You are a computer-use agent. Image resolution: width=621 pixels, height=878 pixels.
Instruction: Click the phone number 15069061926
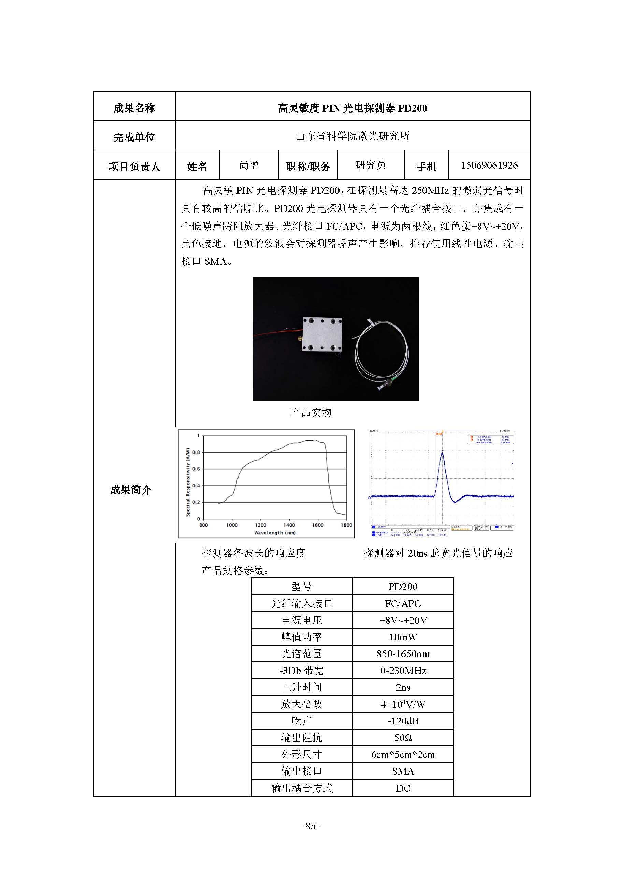click(489, 165)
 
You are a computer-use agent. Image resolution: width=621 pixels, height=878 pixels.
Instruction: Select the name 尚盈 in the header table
click(249, 165)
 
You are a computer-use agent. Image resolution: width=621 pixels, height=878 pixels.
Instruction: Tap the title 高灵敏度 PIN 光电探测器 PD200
click(352, 108)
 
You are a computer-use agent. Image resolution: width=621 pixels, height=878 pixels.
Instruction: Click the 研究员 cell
click(371, 165)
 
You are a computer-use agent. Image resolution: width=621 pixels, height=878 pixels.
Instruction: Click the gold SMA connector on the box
click(297, 339)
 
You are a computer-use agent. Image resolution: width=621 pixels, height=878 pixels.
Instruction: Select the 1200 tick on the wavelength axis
click(260, 525)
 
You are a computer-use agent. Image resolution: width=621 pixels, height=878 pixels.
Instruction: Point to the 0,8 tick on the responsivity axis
click(196, 452)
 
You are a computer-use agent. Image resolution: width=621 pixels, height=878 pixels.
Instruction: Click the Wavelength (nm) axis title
click(275, 533)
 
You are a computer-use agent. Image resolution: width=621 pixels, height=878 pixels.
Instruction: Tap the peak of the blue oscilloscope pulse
click(442, 454)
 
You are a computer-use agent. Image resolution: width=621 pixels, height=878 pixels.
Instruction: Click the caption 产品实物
click(310, 412)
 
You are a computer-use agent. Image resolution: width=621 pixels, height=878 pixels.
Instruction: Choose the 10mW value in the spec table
click(403, 637)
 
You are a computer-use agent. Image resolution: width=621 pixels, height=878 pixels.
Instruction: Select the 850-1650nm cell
click(403, 654)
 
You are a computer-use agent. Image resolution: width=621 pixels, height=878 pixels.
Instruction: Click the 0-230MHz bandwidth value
click(403, 671)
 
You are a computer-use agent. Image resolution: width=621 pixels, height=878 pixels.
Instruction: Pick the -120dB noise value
click(403, 721)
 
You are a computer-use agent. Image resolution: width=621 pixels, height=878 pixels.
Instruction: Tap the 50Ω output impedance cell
click(403, 738)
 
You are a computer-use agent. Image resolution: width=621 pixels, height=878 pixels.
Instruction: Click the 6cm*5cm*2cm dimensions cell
click(403, 755)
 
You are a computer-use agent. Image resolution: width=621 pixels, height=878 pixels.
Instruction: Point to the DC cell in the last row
click(403, 788)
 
